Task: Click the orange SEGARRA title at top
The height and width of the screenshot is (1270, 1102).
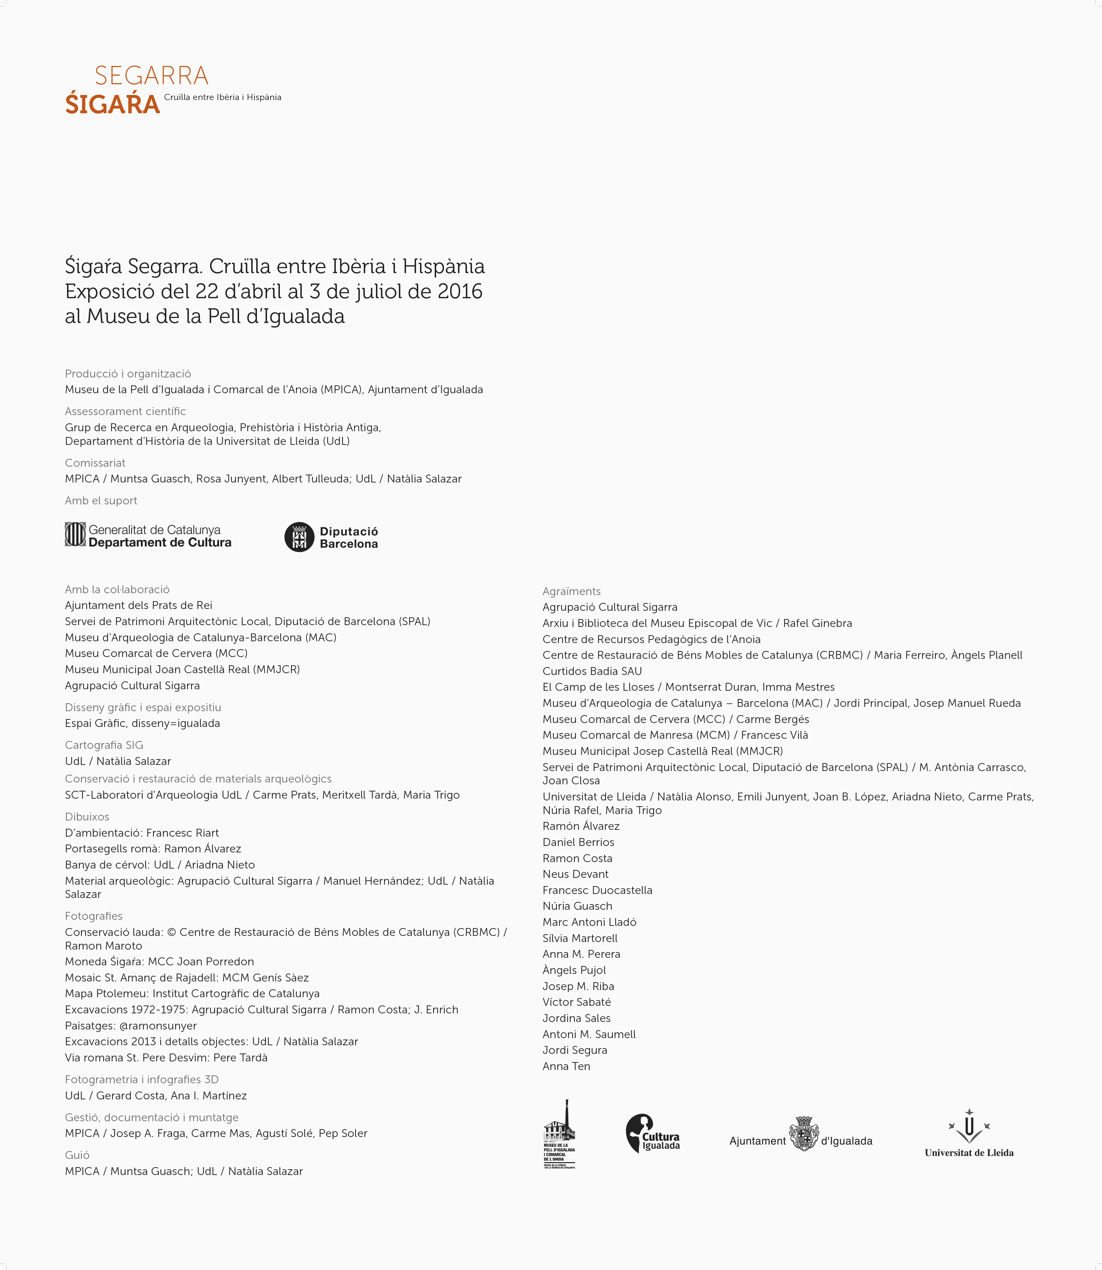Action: (151, 76)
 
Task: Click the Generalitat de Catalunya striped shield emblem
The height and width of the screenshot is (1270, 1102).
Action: (75, 534)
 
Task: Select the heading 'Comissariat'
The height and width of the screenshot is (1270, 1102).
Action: (95, 463)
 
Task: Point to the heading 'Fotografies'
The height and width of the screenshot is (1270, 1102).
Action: (94, 916)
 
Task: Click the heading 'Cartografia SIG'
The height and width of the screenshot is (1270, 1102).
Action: (104, 745)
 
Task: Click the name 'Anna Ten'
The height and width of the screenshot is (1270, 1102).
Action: (566, 1066)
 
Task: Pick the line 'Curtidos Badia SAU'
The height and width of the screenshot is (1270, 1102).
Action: (592, 671)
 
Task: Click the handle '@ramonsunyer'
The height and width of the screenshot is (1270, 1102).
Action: (158, 1026)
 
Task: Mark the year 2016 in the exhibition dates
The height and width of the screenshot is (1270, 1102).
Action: (460, 291)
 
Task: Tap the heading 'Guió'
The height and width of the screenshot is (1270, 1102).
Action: (77, 1155)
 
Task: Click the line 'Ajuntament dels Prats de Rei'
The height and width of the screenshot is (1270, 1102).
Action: (138, 605)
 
